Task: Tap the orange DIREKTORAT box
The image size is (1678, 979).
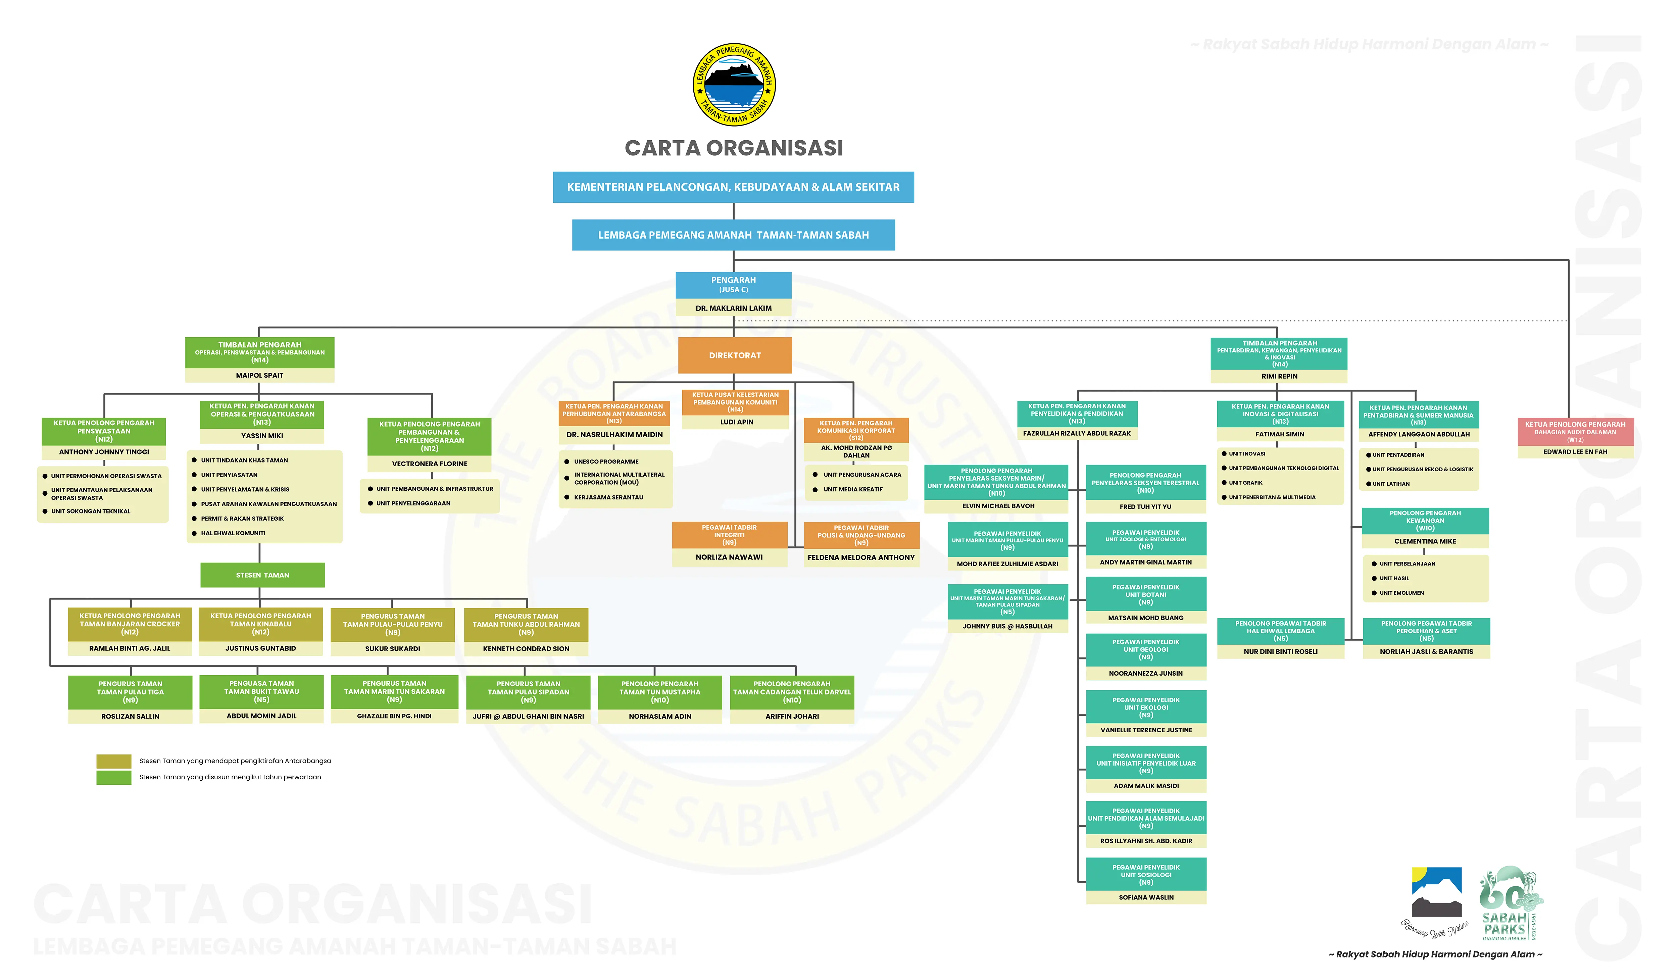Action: pos(734,355)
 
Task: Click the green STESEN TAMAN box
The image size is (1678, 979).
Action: pos(262,575)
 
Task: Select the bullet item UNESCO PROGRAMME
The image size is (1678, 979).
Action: pos(606,461)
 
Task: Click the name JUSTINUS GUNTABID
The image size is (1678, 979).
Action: pos(260,648)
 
